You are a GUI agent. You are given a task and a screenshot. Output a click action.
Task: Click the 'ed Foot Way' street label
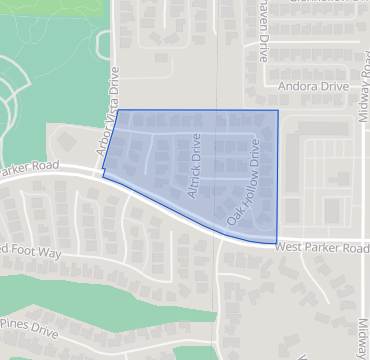click(30, 250)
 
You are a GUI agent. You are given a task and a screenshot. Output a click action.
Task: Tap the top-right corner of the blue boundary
click(278, 111)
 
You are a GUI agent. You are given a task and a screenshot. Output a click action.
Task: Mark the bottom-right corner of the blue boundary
click(277, 243)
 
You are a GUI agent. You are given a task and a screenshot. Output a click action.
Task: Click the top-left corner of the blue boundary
click(118, 111)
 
